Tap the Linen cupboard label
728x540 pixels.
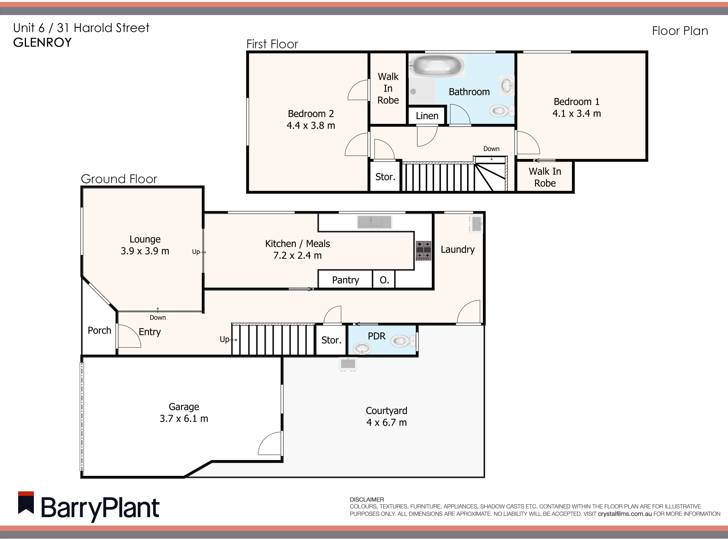[x=427, y=116]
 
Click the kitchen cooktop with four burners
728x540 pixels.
[x=423, y=251]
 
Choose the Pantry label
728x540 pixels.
[x=346, y=280]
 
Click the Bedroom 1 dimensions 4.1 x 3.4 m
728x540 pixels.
[x=577, y=113]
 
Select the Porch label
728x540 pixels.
[x=99, y=330]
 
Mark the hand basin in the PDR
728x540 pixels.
[x=362, y=348]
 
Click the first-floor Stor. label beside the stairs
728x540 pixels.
[x=385, y=177]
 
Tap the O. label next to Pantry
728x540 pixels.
[x=384, y=280]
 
